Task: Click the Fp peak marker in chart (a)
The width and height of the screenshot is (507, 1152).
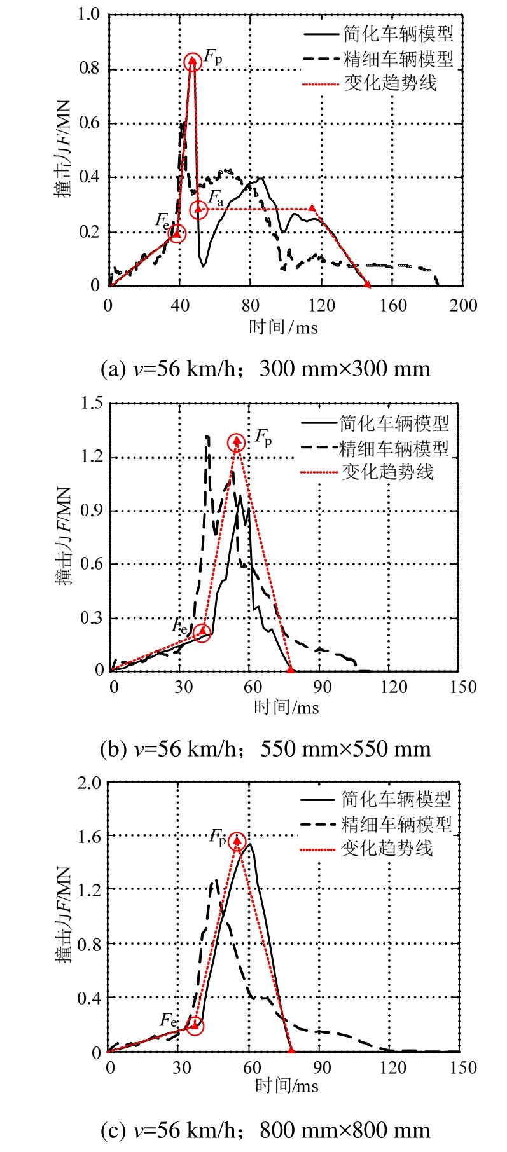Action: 193,62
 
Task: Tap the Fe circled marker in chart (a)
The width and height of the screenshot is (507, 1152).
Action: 177,233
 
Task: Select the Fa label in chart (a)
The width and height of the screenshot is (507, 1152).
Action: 216,196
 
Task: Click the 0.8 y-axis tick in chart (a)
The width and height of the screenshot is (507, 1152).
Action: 90,68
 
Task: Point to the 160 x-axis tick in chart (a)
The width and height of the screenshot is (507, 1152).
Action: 393,305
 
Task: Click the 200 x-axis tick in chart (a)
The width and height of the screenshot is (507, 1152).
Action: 463,305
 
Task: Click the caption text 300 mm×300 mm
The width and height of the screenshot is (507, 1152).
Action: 345,369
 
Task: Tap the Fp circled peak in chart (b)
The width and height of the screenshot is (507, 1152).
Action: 237,442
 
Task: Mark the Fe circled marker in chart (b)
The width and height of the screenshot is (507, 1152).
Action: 202,633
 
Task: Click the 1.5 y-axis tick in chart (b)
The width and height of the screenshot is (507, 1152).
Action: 90,402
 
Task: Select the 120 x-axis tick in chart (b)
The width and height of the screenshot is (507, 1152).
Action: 394,687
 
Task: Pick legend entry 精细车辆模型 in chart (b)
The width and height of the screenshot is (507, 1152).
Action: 394,448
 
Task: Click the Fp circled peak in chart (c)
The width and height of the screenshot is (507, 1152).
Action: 237,842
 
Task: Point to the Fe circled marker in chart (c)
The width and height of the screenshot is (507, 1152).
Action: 195,1025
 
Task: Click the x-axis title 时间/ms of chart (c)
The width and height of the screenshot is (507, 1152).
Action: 286,1085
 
